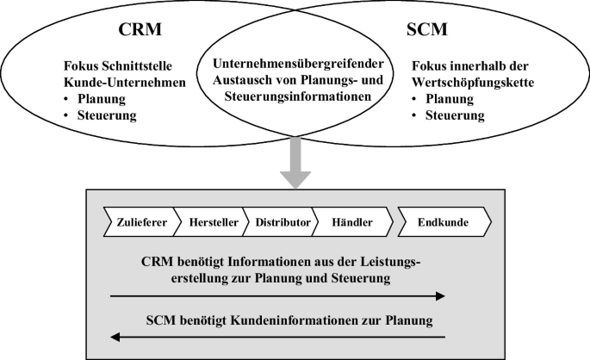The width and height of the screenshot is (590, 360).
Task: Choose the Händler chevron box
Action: click(x=351, y=222)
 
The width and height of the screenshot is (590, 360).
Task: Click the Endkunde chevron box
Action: click(x=443, y=222)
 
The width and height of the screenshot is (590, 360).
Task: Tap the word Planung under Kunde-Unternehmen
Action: click(x=102, y=98)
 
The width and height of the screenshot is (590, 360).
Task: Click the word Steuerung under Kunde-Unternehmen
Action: click(x=107, y=115)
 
